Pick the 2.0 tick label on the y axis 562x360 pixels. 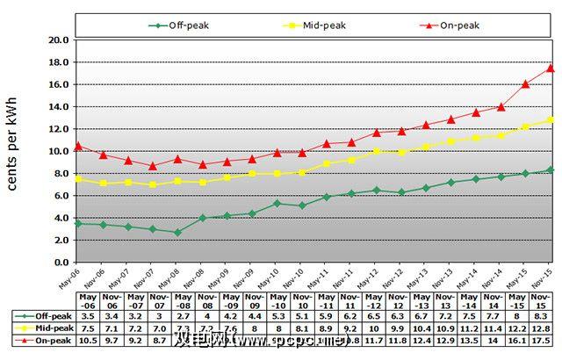[61, 240]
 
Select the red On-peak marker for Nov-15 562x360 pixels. [551, 68]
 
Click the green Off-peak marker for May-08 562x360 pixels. [178, 233]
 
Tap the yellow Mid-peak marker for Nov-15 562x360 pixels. [551, 119]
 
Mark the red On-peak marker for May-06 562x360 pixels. [79, 146]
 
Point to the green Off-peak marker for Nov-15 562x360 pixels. [551, 169]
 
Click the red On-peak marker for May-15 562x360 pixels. [525, 84]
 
